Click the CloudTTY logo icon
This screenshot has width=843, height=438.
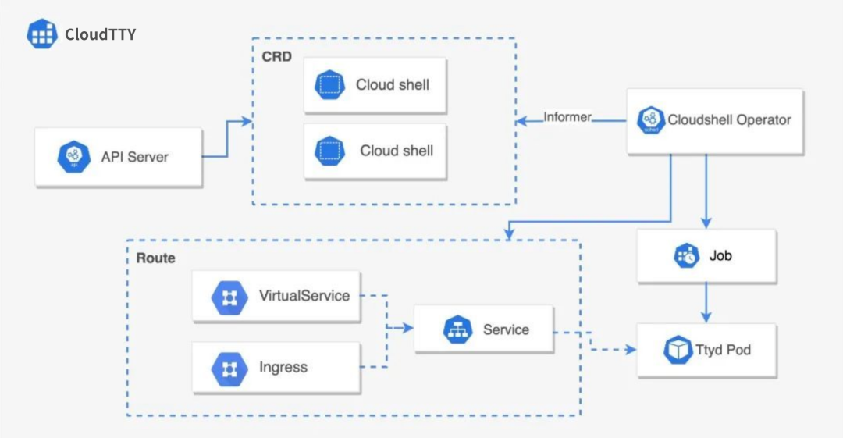pyautogui.click(x=42, y=34)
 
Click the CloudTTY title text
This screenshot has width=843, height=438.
pyautogui.click(x=101, y=34)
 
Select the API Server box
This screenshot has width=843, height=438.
pyautogui.click(x=119, y=157)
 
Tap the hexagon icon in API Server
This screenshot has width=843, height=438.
pyautogui.click(x=74, y=157)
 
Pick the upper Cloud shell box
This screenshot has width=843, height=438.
pyautogui.click(x=375, y=85)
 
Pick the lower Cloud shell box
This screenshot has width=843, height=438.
pyautogui.click(x=375, y=151)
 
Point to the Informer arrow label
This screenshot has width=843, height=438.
pyautogui.click(x=567, y=118)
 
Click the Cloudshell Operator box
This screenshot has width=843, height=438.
pyautogui.click(x=715, y=120)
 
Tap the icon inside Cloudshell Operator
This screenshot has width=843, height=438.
pyautogui.click(x=650, y=120)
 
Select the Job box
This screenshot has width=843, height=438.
pyautogui.click(x=706, y=256)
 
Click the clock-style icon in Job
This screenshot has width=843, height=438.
pyautogui.click(x=687, y=256)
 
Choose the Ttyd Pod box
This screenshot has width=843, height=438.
pyautogui.click(x=706, y=351)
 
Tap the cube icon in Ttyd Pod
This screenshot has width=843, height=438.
pyautogui.click(x=678, y=350)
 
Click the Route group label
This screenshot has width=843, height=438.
pyautogui.click(x=156, y=258)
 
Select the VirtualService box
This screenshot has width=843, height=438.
pyautogui.click(x=276, y=297)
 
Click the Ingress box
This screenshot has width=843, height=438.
pyautogui.click(x=276, y=368)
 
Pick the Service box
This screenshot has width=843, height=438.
pyautogui.click(x=484, y=330)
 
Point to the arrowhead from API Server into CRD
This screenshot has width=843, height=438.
pyautogui.click(x=247, y=121)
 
